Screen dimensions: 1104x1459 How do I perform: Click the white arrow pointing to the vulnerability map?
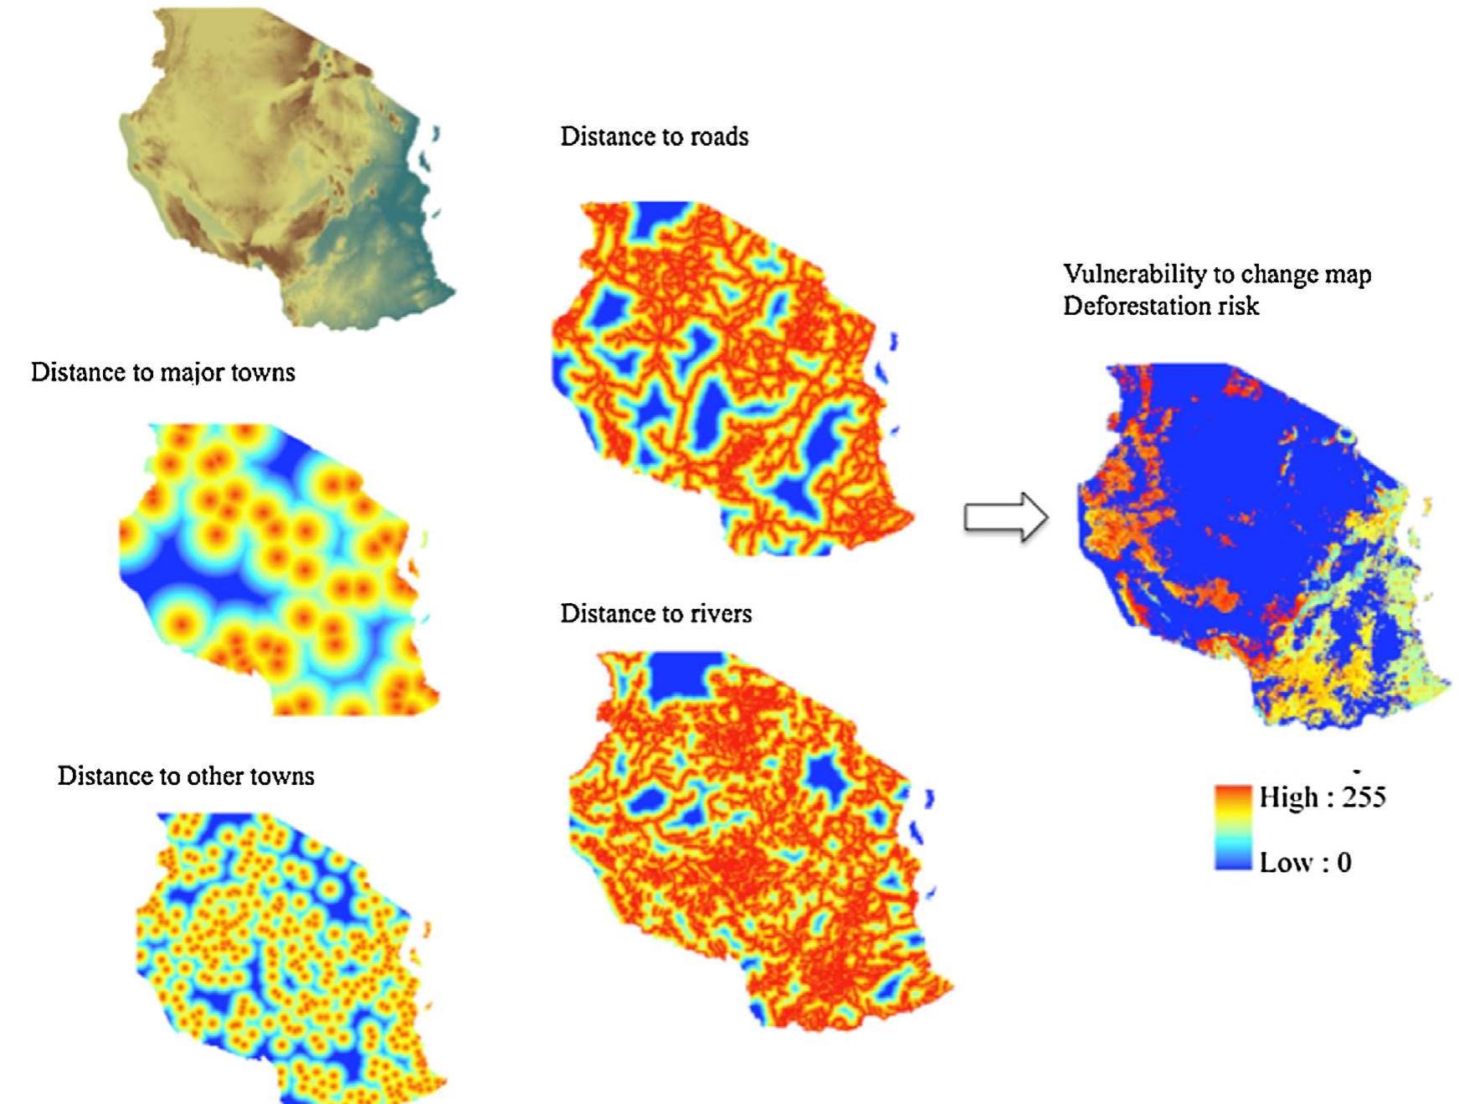[x=1004, y=517]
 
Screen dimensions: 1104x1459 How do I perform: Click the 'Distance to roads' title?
[x=654, y=137]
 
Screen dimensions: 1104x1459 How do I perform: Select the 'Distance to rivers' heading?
[x=655, y=614]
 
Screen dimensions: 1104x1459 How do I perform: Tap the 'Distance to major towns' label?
[x=162, y=372]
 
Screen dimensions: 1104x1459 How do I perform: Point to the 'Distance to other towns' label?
[x=186, y=776]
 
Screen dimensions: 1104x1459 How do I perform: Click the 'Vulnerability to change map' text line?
[x=1216, y=275]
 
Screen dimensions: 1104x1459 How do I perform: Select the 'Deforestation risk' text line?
[x=1160, y=306]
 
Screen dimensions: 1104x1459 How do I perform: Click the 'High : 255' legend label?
[x=1322, y=797]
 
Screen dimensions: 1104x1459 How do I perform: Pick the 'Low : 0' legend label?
[x=1305, y=863]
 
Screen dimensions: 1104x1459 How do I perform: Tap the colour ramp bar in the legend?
[x=1233, y=828]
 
